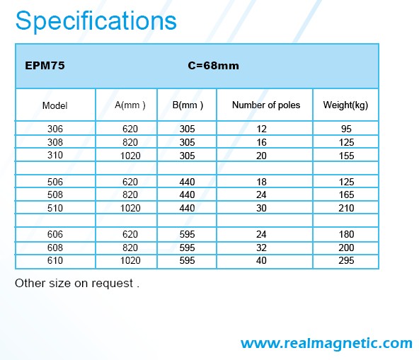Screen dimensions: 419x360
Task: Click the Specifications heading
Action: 96,21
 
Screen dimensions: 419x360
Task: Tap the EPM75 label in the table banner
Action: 45,66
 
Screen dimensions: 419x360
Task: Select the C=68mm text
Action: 213,66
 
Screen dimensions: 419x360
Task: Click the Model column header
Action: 54,105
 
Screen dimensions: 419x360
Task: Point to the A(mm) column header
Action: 130,105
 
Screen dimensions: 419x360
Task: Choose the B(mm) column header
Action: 188,105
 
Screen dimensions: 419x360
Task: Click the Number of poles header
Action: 266,105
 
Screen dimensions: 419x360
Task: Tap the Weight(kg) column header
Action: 345,105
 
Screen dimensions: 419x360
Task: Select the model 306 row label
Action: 55,129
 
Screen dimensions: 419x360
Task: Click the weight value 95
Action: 346,129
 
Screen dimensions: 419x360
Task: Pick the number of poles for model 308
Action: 261,142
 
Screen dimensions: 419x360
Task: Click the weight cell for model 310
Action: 346,156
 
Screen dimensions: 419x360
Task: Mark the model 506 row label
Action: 55,182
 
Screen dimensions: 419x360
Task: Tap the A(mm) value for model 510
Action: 130,208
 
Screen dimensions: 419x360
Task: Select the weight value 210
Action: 346,208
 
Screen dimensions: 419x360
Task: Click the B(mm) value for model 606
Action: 187,234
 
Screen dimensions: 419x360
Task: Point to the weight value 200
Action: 346,248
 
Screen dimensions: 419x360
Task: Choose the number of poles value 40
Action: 261,260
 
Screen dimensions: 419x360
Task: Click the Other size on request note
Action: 77,283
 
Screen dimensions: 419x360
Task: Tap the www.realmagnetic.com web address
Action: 326,344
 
